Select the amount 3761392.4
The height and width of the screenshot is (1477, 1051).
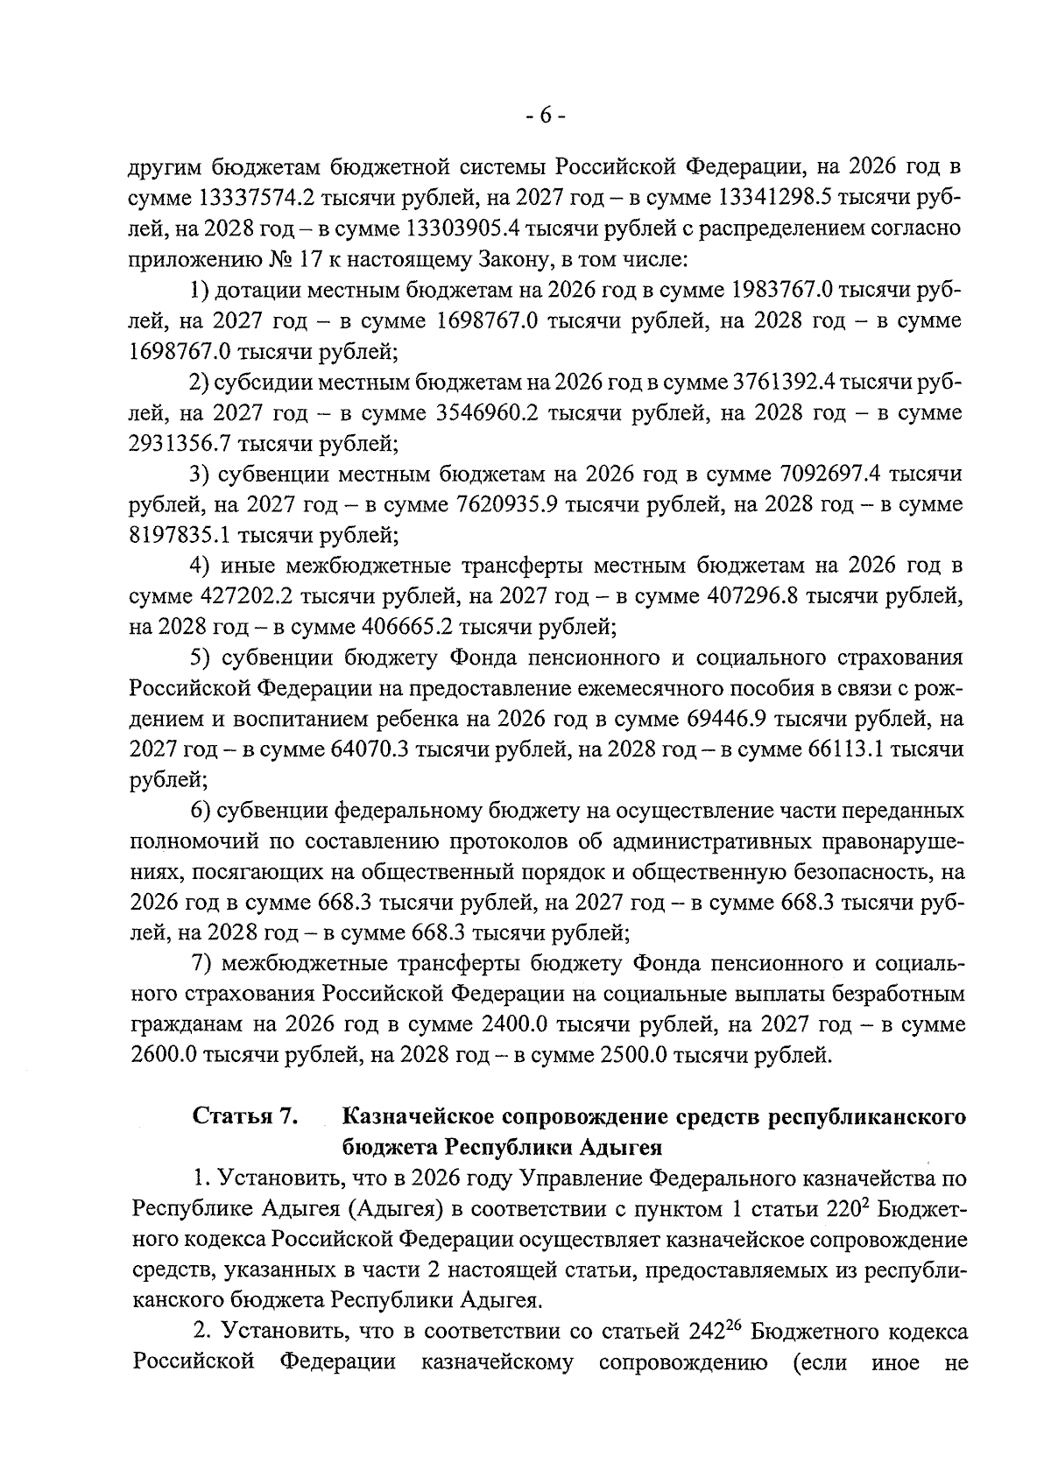789,383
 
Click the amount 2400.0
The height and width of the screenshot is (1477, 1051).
514,1025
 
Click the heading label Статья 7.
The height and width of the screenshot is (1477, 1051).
246,1117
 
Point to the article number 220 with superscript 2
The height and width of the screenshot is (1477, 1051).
844,1210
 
